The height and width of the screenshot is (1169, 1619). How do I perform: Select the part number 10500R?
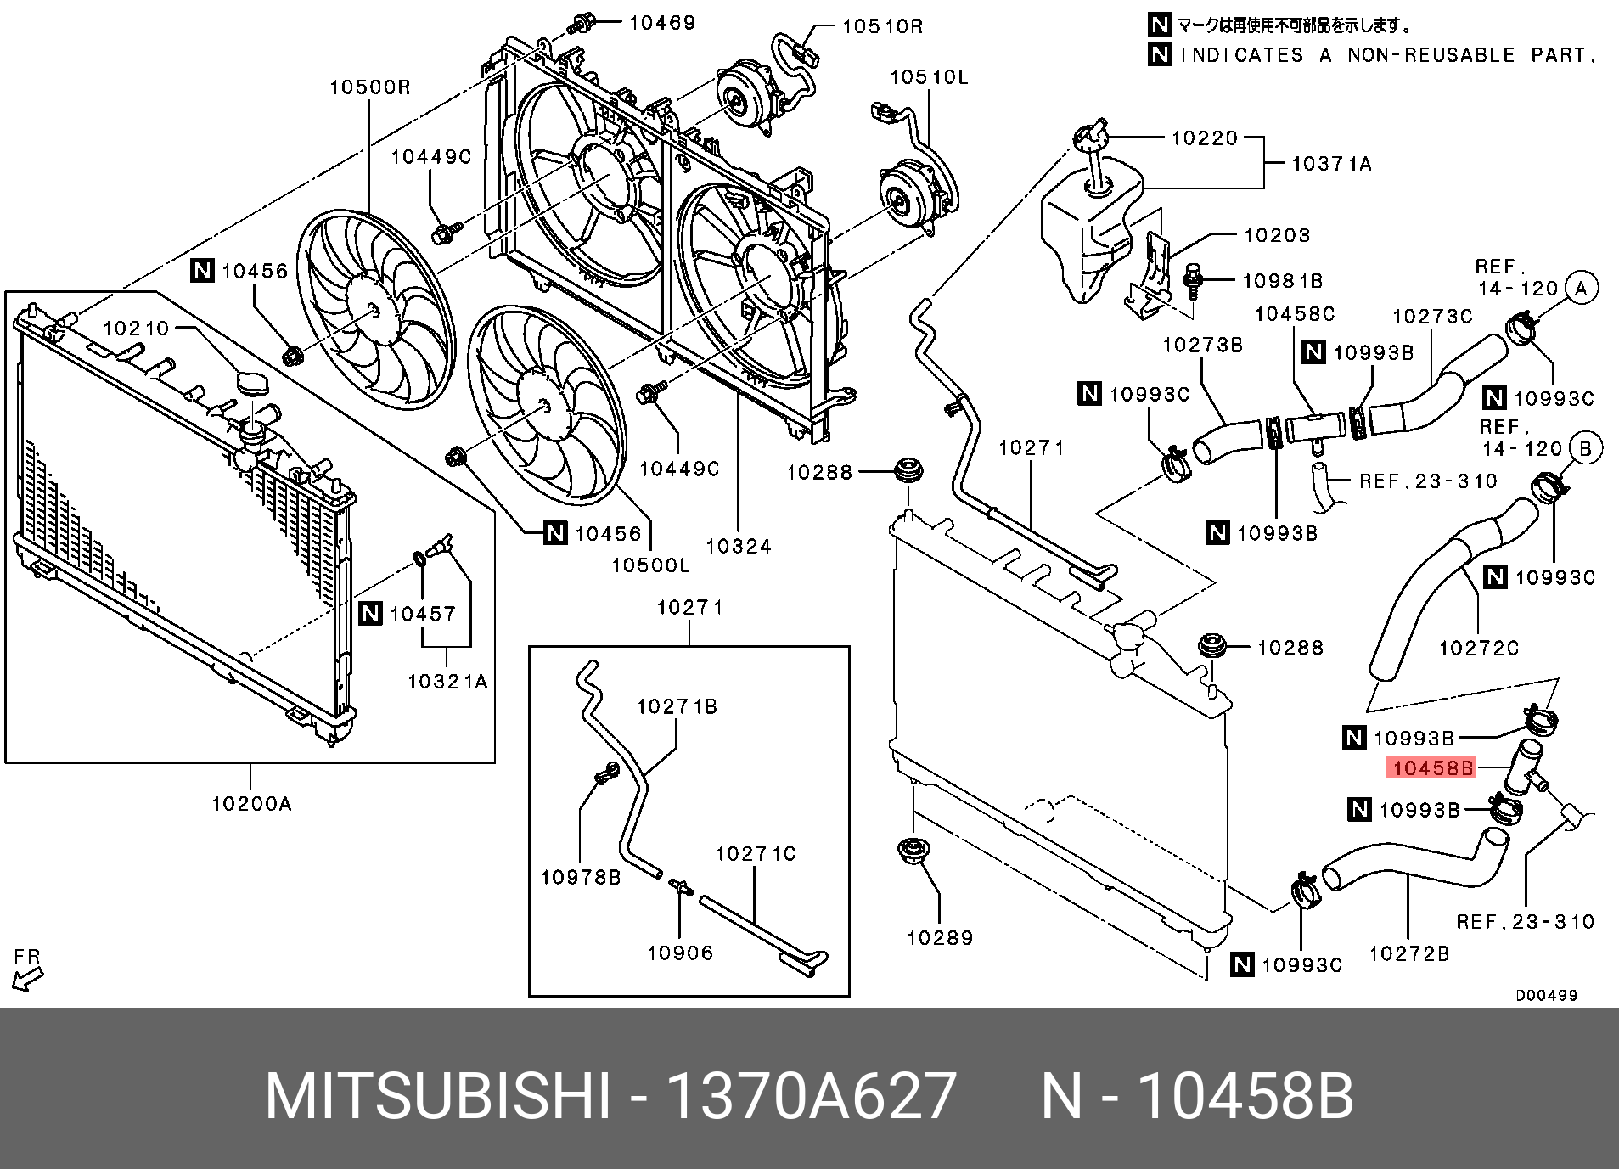369,87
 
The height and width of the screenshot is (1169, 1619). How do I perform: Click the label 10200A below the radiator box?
251,802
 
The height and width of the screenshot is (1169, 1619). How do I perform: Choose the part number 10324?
738,546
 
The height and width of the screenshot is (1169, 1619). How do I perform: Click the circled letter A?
1580,288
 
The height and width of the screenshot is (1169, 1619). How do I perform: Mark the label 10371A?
1330,163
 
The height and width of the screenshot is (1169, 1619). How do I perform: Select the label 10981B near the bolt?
1282,280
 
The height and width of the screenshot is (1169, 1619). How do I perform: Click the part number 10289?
940,937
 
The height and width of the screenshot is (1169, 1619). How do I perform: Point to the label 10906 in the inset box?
680,953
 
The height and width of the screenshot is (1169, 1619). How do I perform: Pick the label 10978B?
581,877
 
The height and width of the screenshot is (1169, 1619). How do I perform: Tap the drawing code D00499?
1546,995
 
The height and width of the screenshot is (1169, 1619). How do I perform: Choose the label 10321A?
447,681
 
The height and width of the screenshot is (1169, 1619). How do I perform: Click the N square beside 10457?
371,613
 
